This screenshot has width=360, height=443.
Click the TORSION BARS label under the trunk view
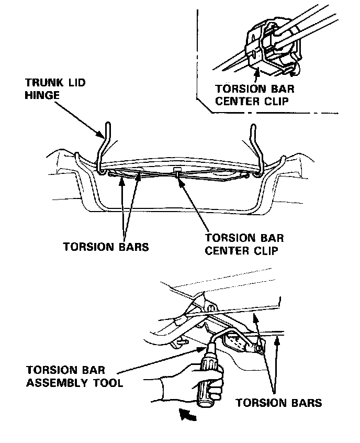106,247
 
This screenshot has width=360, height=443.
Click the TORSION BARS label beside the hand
278,403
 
